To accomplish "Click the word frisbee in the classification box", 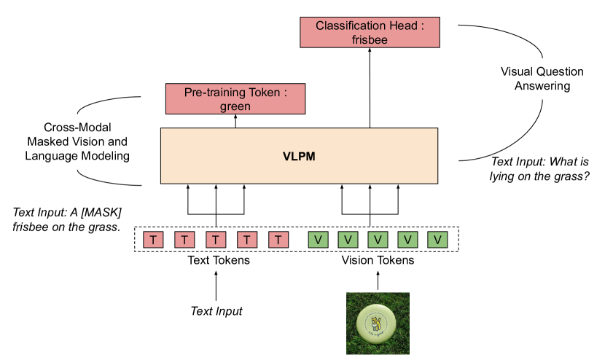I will pyautogui.click(x=370, y=40).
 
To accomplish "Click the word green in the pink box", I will pyautogui.click(x=235, y=106).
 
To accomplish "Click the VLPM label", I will pyautogui.click(x=299, y=156).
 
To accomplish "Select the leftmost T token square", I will pyautogui.click(x=153, y=240).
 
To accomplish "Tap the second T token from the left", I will pyautogui.click(x=184, y=240).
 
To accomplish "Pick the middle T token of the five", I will pyautogui.click(x=216, y=240).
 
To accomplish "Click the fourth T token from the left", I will pyautogui.click(x=247, y=240).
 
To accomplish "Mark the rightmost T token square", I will pyautogui.click(x=278, y=240).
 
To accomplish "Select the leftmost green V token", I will pyautogui.click(x=318, y=240).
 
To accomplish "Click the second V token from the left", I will pyautogui.click(x=348, y=240).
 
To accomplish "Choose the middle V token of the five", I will pyautogui.click(x=378, y=240).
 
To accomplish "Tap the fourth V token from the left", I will pyautogui.click(x=407, y=240).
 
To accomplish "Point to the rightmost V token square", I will pyautogui.click(x=437, y=240).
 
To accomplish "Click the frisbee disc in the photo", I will pyautogui.click(x=376, y=324).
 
